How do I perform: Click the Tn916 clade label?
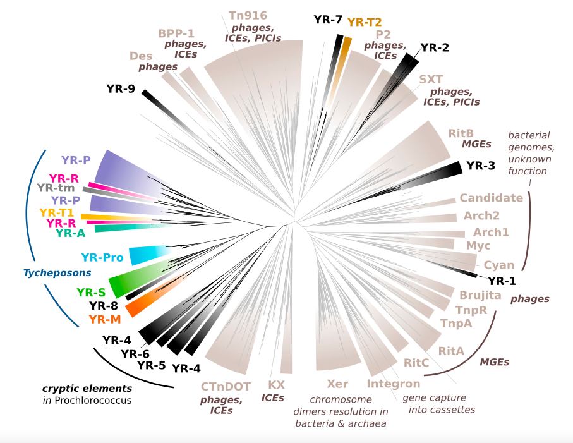click(248, 16)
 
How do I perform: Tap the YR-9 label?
click(121, 89)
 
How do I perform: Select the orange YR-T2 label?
click(365, 22)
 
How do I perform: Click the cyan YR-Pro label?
click(102, 257)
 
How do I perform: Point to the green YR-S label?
click(91, 293)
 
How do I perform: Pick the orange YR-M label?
click(105, 320)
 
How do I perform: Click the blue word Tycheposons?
click(57, 273)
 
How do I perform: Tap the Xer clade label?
click(337, 384)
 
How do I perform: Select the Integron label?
click(394, 384)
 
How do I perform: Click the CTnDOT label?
click(226, 386)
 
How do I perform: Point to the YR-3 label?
click(481, 166)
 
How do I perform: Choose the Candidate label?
click(491, 198)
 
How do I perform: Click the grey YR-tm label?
click(56, 188)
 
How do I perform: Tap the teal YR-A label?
click(70, 233)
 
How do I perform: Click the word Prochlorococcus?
click(93, 400)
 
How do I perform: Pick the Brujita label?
click(480, 295)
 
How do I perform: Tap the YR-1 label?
click(502, 281)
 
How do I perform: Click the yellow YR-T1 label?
click(57, 212)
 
